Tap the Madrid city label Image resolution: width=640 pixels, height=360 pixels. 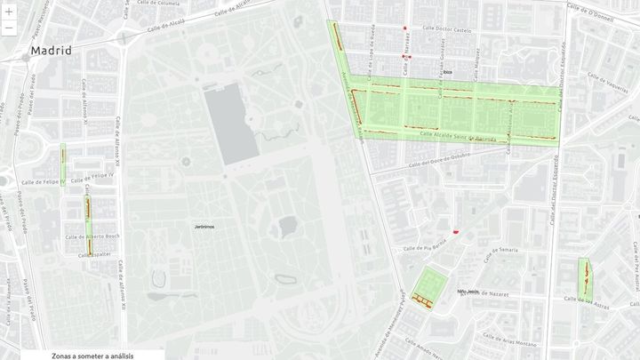pyautogui.click(x=51, y=51)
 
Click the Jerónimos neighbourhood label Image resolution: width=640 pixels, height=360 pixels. pyautogui.click(x=204, y=227)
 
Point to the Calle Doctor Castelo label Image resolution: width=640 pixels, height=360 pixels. pyautogui.click(x=447, y=30)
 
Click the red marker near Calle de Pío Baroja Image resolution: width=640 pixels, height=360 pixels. pyautogui.click(x=456, y=231)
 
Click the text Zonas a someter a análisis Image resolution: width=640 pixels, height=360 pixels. pyautogui.click(x=92, y=355)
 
